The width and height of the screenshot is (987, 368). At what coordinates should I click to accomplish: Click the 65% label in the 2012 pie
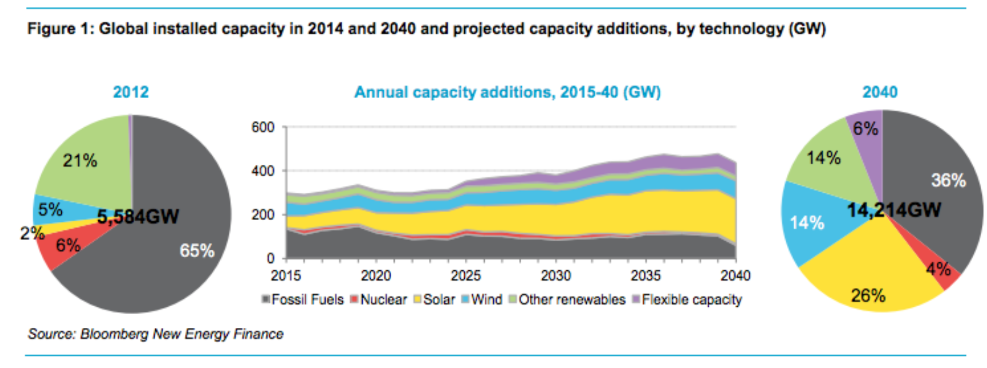pyautogui.click(x=197, y=250)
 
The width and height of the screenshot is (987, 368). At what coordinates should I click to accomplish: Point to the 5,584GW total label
pyautogui.click(x=138, y=216)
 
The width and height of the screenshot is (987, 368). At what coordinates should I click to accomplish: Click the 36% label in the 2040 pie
pyautogui.click(x=948, y=181)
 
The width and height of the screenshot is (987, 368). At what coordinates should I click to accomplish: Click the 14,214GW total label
pyautogui.click(x=894, y=210)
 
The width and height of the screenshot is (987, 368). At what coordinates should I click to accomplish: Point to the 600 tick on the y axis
pyautogui.click(x=262, y=127)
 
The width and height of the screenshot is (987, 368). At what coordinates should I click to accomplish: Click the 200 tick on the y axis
pyautogui.click(x=262, y=215)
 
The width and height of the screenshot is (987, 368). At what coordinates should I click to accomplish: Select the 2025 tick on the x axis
pyautogui.click(x=465, y=276)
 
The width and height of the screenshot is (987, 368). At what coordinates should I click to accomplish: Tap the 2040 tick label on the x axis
pyautogui.click(x=735, y=276)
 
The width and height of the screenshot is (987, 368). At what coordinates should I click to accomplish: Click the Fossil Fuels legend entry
pyautogui.click(x=303, y=300)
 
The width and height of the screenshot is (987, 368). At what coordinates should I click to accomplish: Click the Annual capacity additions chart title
pyautogui.click(x=507, y=92)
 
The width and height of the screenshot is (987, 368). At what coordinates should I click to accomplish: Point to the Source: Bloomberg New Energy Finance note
pyautogui.click(x=156, y=334)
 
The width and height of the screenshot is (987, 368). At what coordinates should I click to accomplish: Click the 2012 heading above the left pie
pyautogui.click(x=130, y=92)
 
